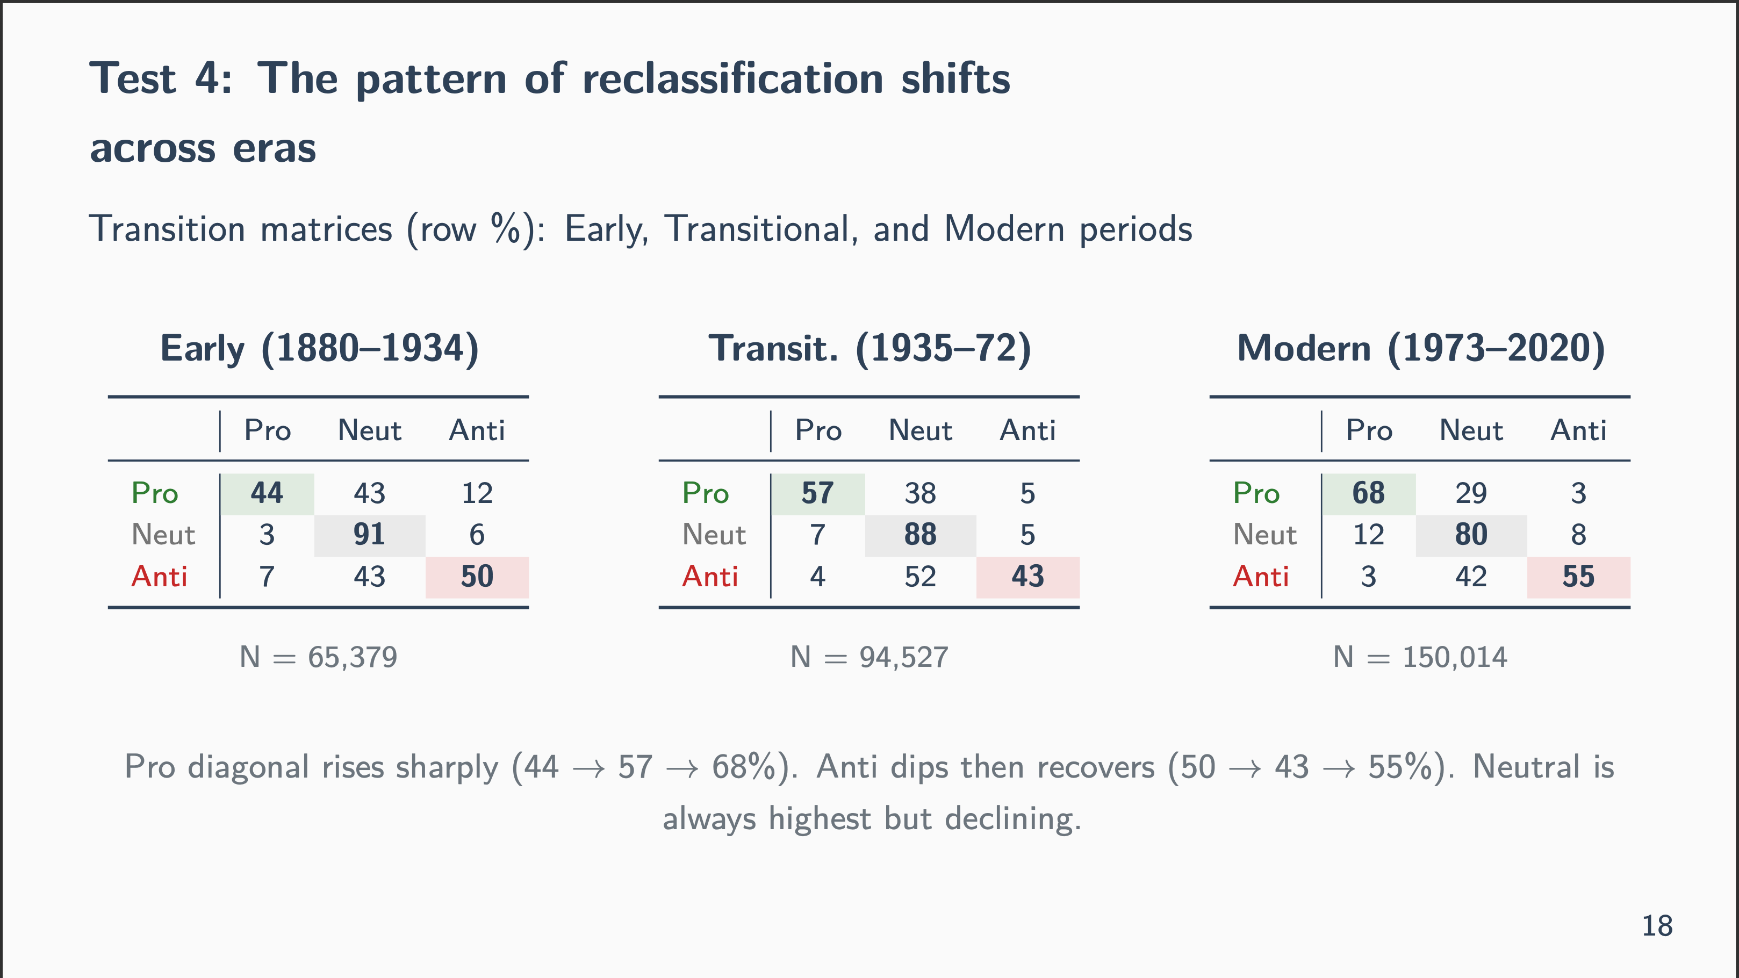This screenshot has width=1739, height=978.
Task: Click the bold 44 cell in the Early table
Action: (267, 493)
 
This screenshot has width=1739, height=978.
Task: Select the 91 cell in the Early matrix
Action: (369, 535)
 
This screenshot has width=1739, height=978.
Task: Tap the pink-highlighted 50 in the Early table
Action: (477, 577)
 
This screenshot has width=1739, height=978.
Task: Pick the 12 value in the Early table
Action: (477, 493)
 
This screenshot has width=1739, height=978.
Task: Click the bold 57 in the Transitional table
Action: (817, 493)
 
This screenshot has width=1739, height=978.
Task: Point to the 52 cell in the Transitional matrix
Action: (920, 577)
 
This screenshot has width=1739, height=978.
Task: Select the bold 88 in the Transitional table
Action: (920, 535)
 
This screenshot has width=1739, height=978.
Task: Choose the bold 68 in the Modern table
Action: (1368, 493)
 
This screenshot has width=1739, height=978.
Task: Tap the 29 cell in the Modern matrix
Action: (1471, 493)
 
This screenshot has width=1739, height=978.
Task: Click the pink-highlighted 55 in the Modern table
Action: (1578, 577)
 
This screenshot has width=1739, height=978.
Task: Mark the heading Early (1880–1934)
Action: (319, 349)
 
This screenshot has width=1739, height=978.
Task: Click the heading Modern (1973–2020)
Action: (1420, 349)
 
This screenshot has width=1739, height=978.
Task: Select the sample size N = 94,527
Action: (869, 657)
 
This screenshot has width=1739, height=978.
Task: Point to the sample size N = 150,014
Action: (1420, 657)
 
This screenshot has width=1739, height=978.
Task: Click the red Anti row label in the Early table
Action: (159, 577)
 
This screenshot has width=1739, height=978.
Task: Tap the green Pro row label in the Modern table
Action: (1256, 493)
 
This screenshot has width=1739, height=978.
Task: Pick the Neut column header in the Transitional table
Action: (920, 430)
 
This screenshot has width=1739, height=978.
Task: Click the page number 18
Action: (1657, 926)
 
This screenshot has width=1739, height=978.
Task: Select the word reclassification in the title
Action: (732, 79)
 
